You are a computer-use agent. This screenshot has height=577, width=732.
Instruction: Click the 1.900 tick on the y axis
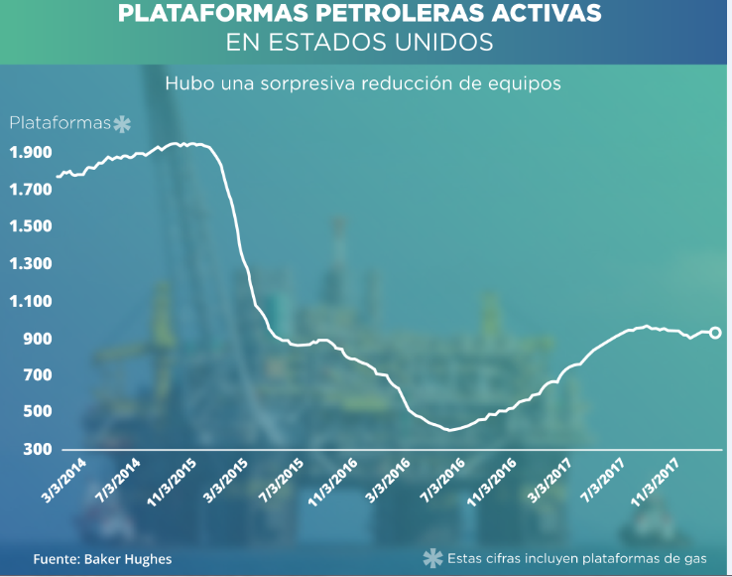31,153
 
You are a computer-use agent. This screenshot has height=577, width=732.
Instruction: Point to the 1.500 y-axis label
31,226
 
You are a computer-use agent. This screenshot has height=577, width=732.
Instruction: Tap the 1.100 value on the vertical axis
31,301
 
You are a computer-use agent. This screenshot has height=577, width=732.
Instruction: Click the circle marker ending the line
715,333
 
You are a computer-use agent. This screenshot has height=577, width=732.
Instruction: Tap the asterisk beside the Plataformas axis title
121,124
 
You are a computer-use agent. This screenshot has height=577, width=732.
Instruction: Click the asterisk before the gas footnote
432,558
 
